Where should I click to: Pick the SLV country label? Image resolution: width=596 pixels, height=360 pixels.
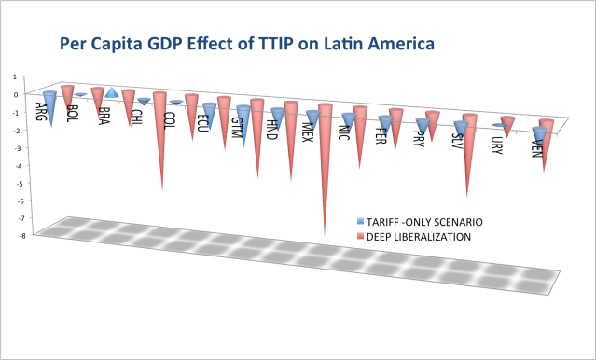(456, 145)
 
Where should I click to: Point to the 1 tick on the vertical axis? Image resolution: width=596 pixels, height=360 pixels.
(13, 76)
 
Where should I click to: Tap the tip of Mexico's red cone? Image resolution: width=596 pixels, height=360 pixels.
(325, 233)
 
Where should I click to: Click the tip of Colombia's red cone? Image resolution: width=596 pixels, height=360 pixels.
(164, 190)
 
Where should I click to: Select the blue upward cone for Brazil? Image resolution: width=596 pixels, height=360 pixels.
(111, 92)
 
